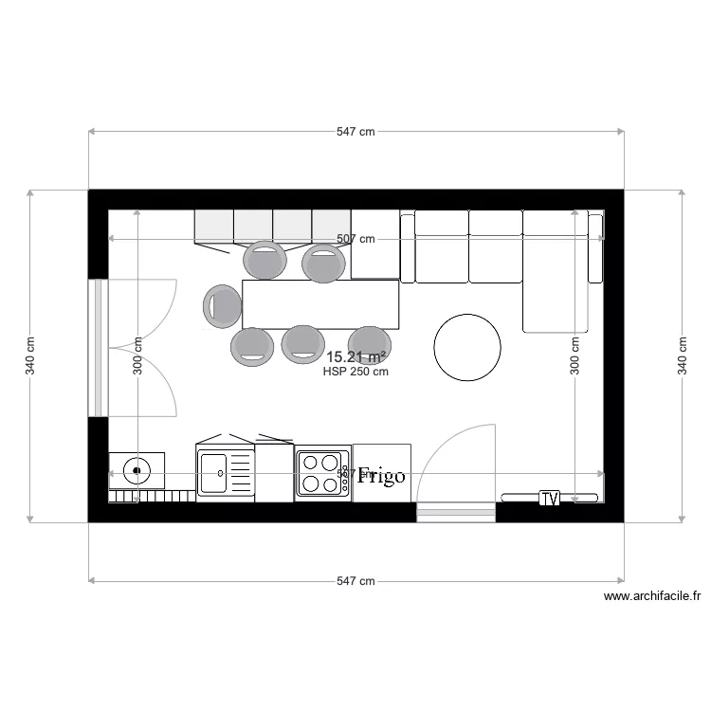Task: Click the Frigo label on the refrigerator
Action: (381, 476)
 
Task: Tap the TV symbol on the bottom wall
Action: (549, 498)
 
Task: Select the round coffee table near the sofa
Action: (467, 347)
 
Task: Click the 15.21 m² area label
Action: (355, 357)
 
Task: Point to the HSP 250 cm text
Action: (355, 372)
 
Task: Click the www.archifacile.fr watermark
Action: (651, 596)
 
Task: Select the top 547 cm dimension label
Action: (355, 133)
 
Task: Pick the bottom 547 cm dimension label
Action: (355, 581)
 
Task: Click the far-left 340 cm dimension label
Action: (29, 356)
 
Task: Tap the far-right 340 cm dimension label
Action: (683, 356)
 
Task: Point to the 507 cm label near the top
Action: (355, 240)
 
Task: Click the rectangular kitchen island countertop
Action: (320, 303)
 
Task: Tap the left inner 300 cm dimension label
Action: (137, 356)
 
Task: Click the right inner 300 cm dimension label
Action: (574, 356)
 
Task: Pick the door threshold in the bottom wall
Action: (456, 513)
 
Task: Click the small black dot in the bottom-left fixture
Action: (137, 469)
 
